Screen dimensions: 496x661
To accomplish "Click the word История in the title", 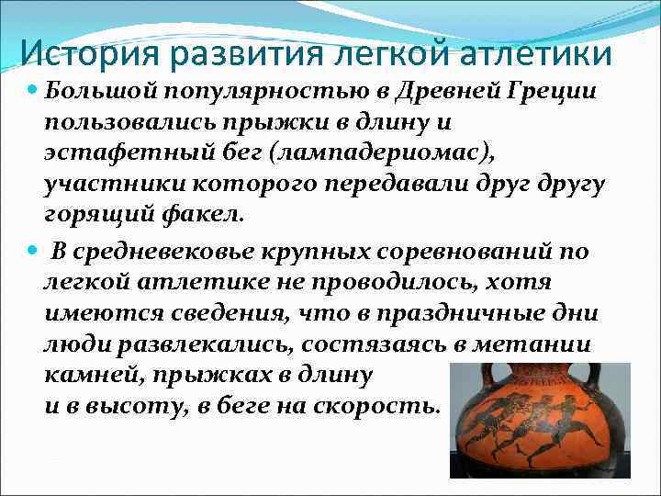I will click(88, 53).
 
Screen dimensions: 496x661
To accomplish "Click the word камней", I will click(87, 374).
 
